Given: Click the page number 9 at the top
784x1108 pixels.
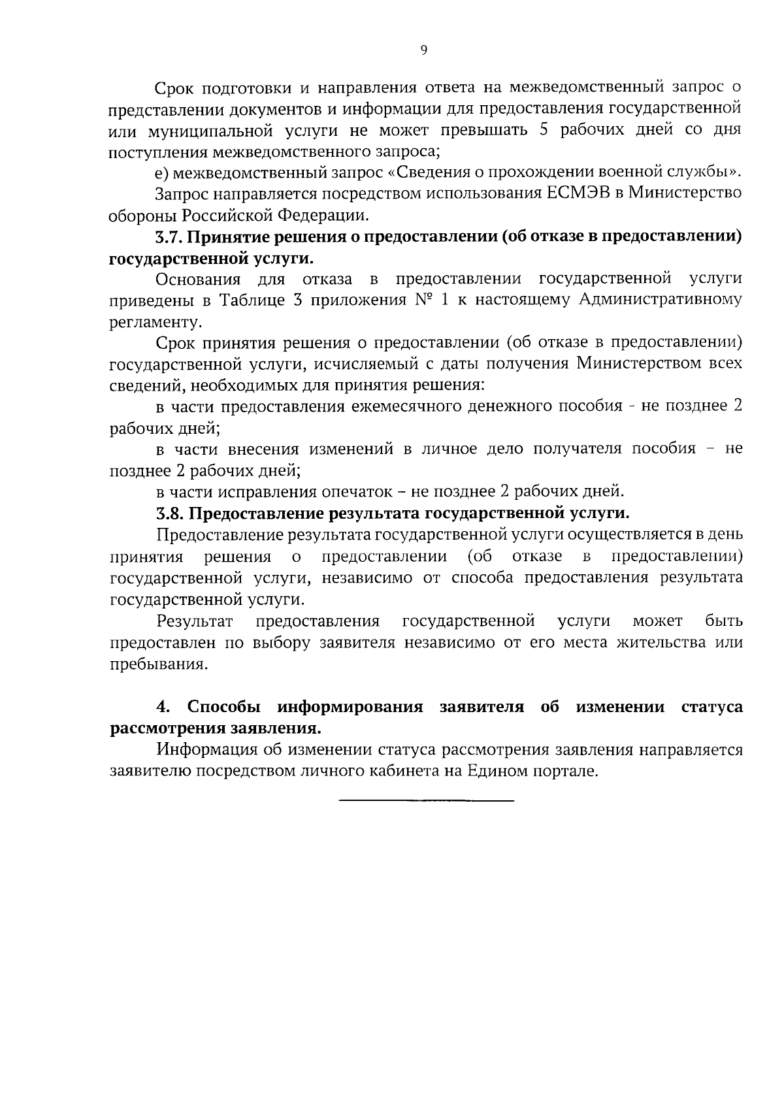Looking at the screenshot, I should click(x=424, y=51).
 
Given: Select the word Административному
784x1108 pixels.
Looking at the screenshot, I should click(x=659, y=301).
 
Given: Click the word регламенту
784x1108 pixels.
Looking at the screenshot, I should click(x=154, y=322).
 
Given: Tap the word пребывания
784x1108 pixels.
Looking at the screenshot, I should click(x=157, y=664).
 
